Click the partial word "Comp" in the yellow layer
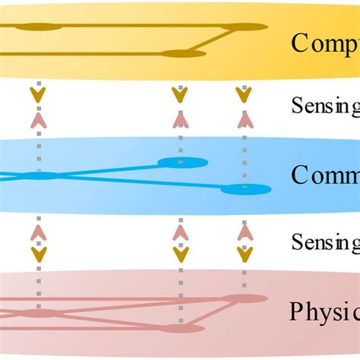coord(325,43)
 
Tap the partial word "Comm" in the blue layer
coord(325,176)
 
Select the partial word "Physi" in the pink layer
coord(324,311)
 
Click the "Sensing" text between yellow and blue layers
coord(325,106)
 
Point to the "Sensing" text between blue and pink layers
coord(325,242)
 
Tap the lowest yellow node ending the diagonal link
coord(183,53)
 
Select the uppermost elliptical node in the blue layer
coord(182,162)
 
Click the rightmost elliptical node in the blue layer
coord(245,189)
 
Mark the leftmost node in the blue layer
coord(38,176)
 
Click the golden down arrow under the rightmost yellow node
coord(243,95)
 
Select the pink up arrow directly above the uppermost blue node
coord(180,119)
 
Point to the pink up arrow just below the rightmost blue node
coord(243,232)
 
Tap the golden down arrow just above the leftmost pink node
coord(38,253)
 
